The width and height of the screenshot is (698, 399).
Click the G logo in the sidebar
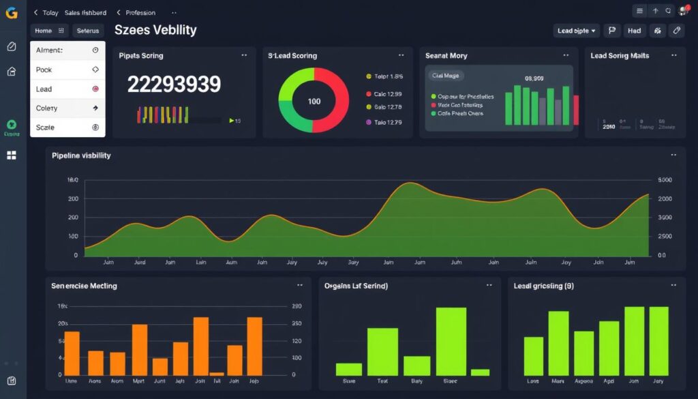pos(11,12)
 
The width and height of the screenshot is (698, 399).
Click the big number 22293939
pos(174,85)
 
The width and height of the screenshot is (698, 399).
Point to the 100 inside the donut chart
pos(314,102)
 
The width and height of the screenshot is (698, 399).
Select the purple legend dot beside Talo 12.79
pos(369,122)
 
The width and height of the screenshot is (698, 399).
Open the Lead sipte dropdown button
pos(577,31)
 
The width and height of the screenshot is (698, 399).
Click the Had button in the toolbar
pos(634,31)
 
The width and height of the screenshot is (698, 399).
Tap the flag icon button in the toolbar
pos(611,31)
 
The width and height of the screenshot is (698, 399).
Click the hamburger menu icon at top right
pos(639,11)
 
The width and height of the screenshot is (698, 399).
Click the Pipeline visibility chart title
pos(81,156)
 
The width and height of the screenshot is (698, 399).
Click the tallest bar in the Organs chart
pos(451,341)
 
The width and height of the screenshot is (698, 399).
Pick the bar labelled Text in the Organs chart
pos(382,351)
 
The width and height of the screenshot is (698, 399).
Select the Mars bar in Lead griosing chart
pos(558,343)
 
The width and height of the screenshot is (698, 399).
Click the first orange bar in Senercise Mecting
pos(72,353)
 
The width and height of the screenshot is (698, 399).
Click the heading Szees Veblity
pos(155,30)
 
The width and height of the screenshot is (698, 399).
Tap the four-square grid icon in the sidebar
pos(11,156)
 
